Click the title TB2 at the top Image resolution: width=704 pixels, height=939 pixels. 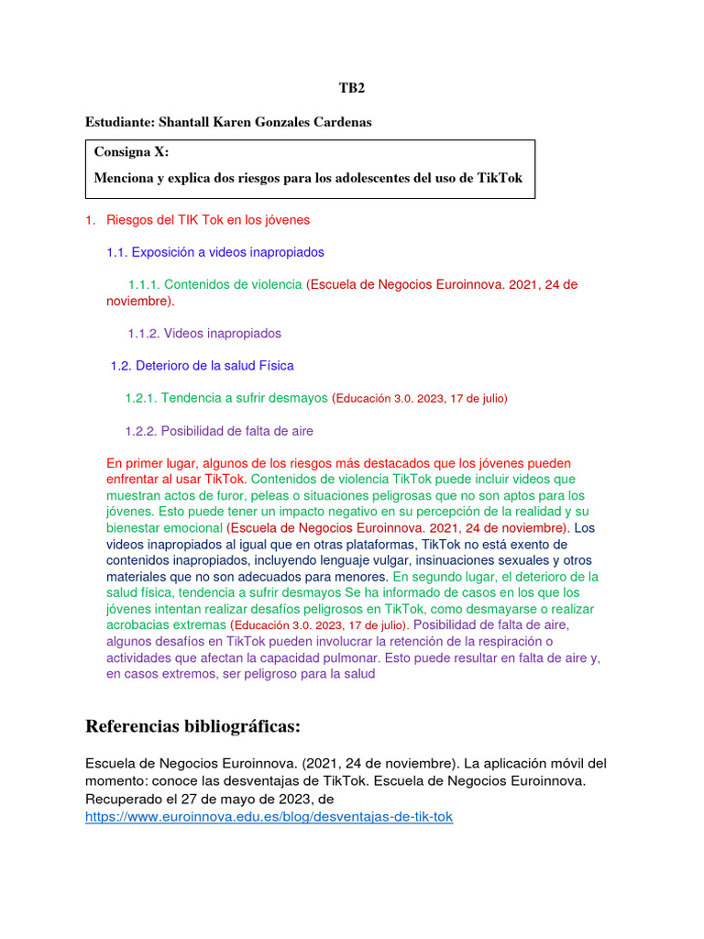[352, 89]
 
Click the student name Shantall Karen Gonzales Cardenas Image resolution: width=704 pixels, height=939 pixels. [266, 122]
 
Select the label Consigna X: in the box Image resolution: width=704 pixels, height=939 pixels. [131, 153]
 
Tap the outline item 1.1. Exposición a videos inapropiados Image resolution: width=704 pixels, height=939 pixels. [215, 251]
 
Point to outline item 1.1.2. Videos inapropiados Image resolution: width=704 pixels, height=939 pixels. [204, 333]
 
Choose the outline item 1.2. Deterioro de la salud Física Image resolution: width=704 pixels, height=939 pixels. [202, 365]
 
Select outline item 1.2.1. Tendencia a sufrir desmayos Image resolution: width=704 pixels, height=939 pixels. [225, 398]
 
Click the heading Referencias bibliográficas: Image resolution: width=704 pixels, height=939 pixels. [192, 726]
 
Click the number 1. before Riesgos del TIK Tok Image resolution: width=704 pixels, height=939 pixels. [90, 220]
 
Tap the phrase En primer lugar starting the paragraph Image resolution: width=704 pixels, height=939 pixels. [151, 463]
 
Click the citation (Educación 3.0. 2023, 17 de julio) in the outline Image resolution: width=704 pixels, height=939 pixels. [420, 398]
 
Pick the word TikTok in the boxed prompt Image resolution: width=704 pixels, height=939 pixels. [500, 178]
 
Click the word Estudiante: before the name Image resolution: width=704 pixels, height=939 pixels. [119, 122]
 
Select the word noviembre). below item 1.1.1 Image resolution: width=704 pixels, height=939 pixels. [140, 301]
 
